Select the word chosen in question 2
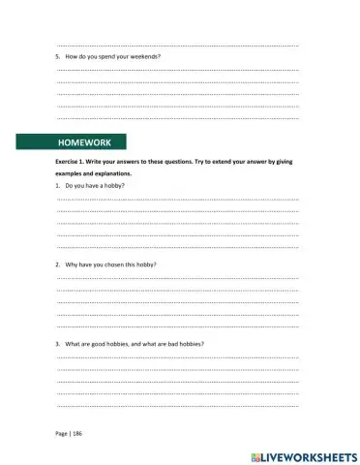click(x=119, y=263)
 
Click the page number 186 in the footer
click(x=77, y=433)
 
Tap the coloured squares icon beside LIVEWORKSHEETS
click(x=255, y=454)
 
